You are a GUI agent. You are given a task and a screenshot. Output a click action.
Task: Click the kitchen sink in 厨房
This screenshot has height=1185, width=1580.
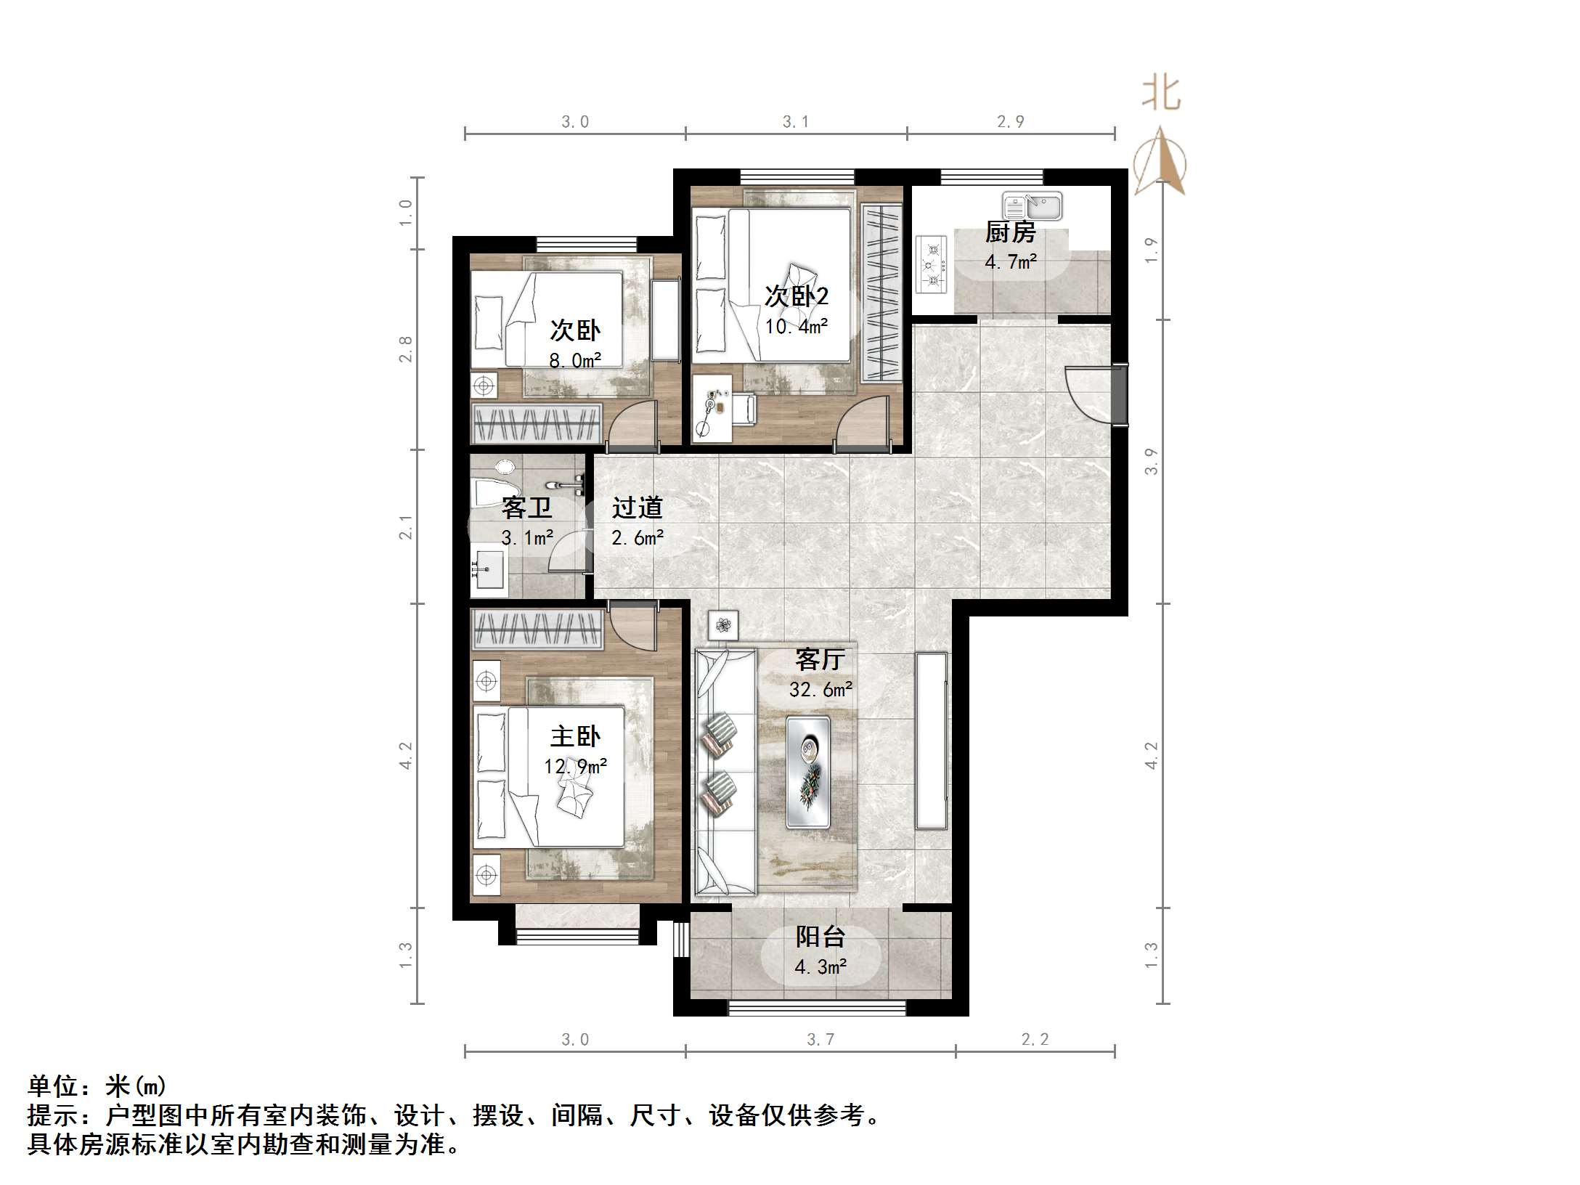click(1033, 206)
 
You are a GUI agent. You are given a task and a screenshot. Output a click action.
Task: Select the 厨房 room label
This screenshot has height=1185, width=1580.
click(1010, 232)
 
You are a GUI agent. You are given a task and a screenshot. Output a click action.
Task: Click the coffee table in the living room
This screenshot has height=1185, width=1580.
click(808, 771)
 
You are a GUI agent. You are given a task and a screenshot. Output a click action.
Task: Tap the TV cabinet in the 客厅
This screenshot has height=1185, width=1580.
click(932, 741)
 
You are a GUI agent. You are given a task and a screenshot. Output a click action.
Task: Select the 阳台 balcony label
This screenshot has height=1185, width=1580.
click(820, 937)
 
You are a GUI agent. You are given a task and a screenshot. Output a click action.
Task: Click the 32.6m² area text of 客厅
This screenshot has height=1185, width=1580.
click(820, 689)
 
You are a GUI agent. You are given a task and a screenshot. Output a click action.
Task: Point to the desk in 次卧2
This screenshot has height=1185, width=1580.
click(712, 408)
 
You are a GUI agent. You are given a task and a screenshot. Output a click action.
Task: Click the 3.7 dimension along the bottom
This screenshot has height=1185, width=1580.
click(820, 1040)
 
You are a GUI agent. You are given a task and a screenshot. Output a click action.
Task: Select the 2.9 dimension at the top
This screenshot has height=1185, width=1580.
click(1010, 122)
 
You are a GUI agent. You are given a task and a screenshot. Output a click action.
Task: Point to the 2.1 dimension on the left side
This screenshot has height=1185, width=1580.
click(405, 528)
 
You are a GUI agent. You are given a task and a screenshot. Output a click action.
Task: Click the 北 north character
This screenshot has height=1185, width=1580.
click(1161, 94)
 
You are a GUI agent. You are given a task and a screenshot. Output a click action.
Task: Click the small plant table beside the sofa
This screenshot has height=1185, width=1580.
click(723, 624)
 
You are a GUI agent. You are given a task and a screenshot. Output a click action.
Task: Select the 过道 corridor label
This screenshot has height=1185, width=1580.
click(637, 508)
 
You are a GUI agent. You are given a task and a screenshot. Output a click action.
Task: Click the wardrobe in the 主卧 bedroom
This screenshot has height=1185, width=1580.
click(537, 629)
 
